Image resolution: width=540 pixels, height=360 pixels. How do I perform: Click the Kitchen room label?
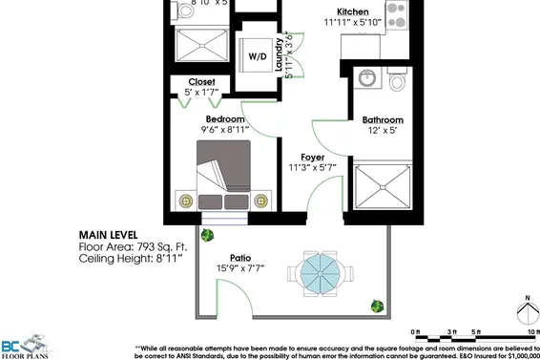[339, 12]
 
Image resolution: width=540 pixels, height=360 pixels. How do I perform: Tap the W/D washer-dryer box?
[258, 57]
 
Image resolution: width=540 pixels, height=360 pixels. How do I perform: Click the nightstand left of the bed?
[185, 201]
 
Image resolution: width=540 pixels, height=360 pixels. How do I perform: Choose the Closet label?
[201, 82]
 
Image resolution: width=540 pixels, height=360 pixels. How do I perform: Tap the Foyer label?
[313, 157]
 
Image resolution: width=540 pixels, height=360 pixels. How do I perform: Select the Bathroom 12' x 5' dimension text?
[383, 132]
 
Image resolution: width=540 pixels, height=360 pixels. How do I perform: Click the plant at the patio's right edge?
[377, 306]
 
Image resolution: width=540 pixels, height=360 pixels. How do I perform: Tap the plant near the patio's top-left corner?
[208, 235]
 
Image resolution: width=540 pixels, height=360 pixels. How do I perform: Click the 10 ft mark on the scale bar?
[520, 331]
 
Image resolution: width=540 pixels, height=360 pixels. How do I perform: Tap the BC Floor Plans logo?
[24, 348]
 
